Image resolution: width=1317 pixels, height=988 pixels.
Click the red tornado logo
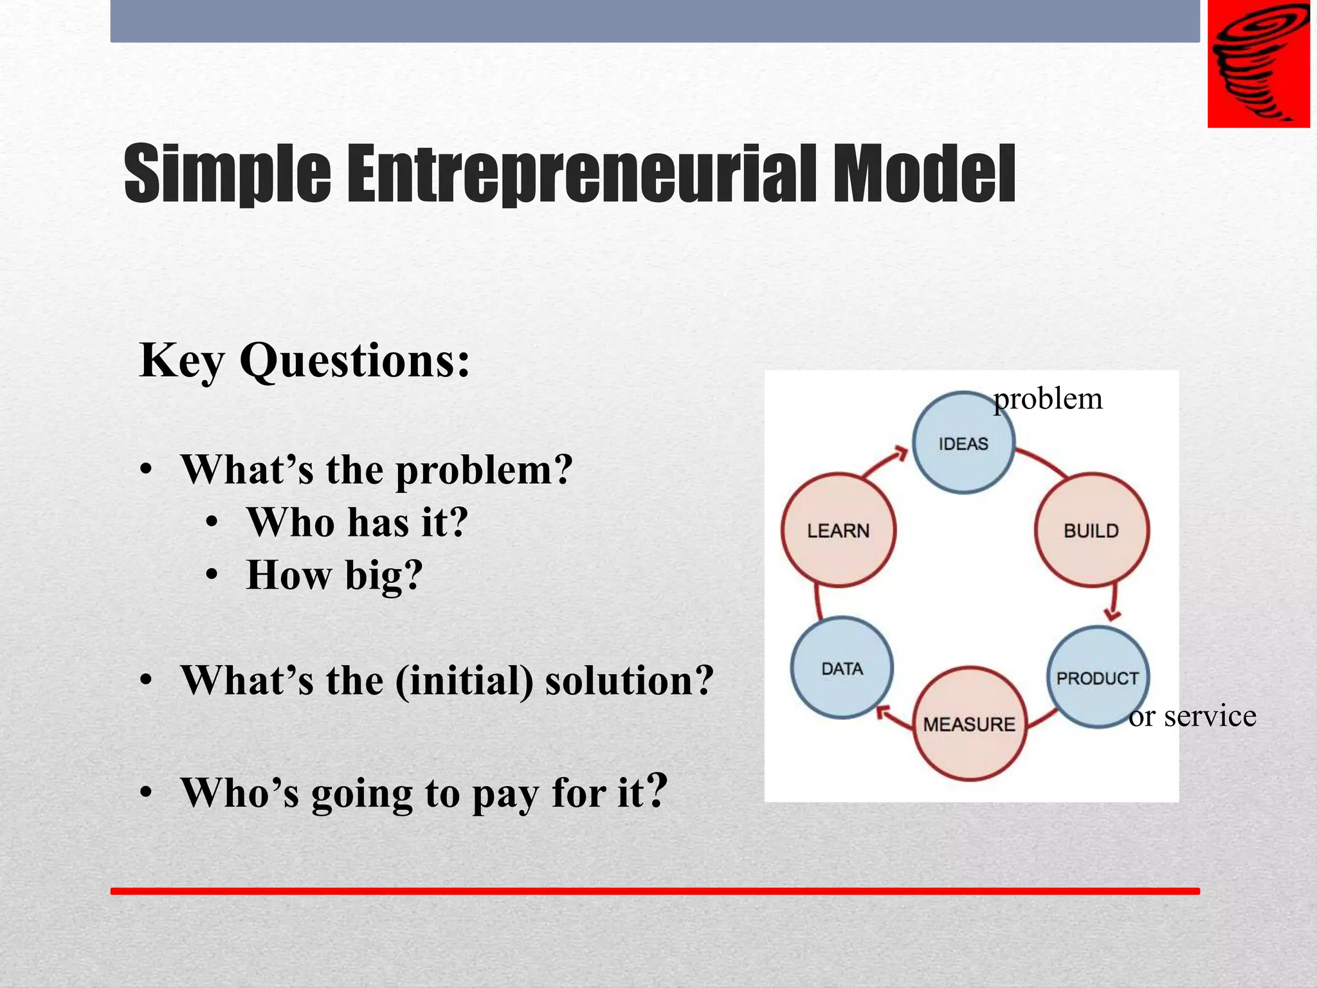pyautogui.click(x=1258, y=64)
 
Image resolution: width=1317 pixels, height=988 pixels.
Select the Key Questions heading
pyautogui.click(x=304, y=360)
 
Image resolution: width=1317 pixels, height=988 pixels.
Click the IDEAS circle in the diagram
pyautogui.click(x=963, y=443)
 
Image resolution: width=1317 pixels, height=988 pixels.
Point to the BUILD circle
pyautogui.click(x=1091, y=531)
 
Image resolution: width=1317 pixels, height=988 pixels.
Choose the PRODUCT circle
pyautogui.click(x=1098, y=678)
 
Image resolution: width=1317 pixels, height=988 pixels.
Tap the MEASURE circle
pyautogui.click(x=969, y=724)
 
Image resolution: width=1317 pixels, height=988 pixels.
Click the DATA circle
pyautogui.click(x=842, y=668)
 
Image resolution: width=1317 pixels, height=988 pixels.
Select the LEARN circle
pyautogui.click(x=839, y=531)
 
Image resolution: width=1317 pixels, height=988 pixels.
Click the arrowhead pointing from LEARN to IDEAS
pyautogui.click(x=898, y=453)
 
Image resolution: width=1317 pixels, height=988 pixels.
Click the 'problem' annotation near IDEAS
pyautogui.click(x=1048, y=399)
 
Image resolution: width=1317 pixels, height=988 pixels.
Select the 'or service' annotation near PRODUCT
pyautogui.click(x=1192, y=716)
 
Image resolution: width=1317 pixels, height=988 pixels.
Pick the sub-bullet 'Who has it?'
pyautogui.click(x=357, y=522)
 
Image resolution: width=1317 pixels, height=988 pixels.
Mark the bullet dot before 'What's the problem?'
pyautogui.click(x=147, y=470)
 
